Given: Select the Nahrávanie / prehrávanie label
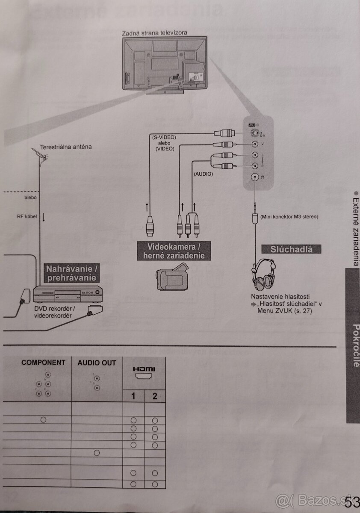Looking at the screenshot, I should pos(71,274).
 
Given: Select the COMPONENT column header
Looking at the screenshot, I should pos(43,363).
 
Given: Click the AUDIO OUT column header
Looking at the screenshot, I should pos(97,363).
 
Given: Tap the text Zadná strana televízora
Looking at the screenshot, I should pos(154,32).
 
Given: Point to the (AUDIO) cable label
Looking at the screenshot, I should pos(203,174).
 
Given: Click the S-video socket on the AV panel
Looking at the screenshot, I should pos(255,133).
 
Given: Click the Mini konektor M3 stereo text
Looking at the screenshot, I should pos(289,217).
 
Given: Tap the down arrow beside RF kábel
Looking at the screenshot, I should pos(43,217).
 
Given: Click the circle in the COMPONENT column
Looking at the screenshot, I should pos(43,419).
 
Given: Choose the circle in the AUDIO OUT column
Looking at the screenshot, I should pos(97,452).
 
